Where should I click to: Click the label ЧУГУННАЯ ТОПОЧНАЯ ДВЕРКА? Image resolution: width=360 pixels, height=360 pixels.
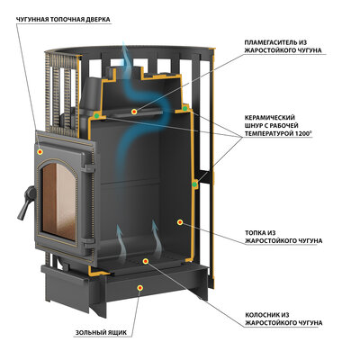(63, 20)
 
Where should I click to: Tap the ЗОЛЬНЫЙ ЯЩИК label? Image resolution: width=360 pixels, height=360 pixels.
(101, 333)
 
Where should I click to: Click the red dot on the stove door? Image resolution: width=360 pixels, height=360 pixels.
(40, 152)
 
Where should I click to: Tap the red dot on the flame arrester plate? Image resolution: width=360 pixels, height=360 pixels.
(134, 112)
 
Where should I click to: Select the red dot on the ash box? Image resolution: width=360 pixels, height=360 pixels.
(139, 288)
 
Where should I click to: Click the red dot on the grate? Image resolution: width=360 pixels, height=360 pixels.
(146, 261)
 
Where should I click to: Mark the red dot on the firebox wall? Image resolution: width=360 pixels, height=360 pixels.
(180, 222)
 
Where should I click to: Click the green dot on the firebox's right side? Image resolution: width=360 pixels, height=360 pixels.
(195, 184)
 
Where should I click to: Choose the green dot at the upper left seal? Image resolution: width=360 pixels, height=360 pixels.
(96, 115)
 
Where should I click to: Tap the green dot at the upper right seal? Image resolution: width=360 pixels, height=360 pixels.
(185, 108)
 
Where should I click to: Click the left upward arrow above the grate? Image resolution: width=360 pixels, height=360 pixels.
(122, 243)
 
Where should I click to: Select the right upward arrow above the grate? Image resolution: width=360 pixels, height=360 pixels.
(157, 238)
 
